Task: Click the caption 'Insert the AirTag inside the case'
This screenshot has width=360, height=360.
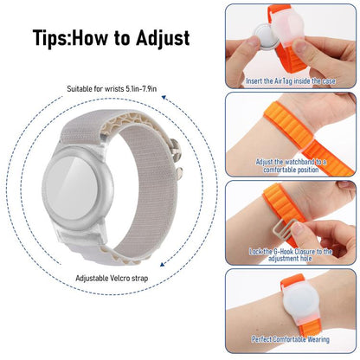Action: point(291,80)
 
